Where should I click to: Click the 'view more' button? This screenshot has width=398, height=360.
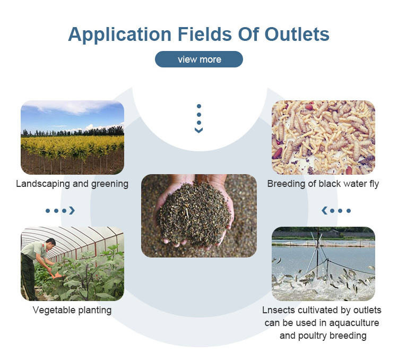(x=199, y=59)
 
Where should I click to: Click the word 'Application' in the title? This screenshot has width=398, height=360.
(x=119, y=35)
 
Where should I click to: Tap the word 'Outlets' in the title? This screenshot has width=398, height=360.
(x=297, y=34)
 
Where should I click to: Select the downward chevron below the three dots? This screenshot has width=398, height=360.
(x=199, y=130)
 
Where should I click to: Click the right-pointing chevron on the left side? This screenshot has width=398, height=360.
(x=72, y=211)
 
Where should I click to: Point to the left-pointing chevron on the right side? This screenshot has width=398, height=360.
(x=324, y=211)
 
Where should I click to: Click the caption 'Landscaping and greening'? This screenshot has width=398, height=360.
(x=72, y=184)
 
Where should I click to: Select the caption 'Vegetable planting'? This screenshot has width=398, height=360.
(x=72, y=310)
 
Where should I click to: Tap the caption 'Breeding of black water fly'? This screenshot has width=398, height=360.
(x=323, y=184)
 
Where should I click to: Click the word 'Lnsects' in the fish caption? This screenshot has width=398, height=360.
(x=279, y=310)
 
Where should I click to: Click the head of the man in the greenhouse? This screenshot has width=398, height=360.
(x=51, y=243)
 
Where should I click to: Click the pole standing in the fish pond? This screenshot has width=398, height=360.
(x=317, y=249)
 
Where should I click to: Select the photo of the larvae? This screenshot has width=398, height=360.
(x=323, y=138)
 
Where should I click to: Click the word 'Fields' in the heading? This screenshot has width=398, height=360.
(x=205, y=34)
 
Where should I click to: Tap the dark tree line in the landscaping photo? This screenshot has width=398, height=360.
(x=72, y=132)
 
